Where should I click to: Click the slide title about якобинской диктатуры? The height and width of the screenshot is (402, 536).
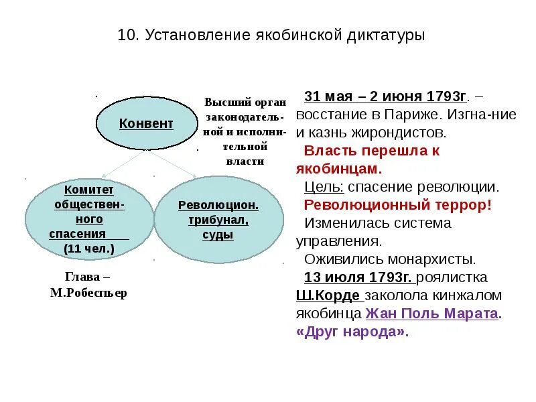tap(271, 34)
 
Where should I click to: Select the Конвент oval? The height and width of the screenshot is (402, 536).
tap(145, 123)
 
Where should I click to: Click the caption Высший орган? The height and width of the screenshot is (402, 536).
tap(245, 103)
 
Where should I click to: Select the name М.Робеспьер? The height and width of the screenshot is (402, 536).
tap(88, 293)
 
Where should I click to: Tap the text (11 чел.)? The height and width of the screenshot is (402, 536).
tap(89, 249)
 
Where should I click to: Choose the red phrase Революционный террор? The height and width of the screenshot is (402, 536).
tap(398, 204)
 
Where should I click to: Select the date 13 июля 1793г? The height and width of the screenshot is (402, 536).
tap(358, 277)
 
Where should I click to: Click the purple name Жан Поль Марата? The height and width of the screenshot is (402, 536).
tap(432, 313)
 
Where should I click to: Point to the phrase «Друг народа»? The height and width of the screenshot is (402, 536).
tap(351, 331)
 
